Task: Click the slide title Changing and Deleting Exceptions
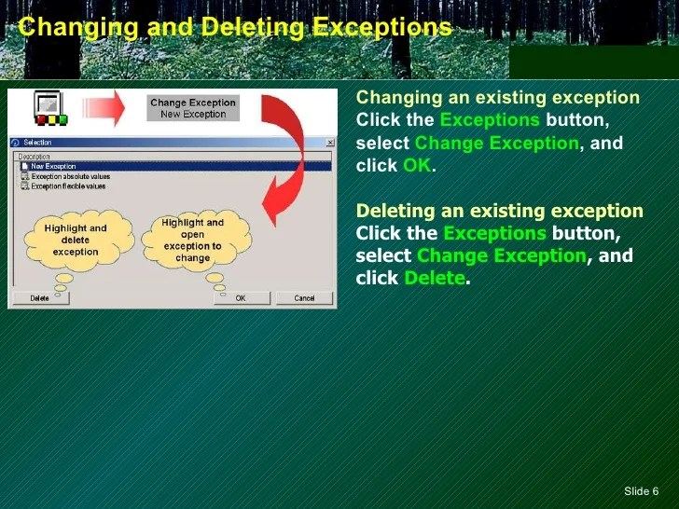pos(235,27)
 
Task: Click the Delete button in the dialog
pos(40,298)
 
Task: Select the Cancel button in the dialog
pos(304,298)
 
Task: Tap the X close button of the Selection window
pos(330,143)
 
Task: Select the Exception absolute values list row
pos(70,176)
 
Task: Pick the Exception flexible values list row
pos(68,186)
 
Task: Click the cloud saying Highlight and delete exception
pos(76,240)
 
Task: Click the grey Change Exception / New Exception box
pos(193,108)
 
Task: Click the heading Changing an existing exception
pos(498,98)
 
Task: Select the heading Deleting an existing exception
pos(499,211)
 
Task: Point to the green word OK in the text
pos(418,166)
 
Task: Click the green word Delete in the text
pos(434,279)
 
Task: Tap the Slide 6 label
pos(641,491)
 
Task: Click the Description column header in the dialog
pos(35,157)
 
